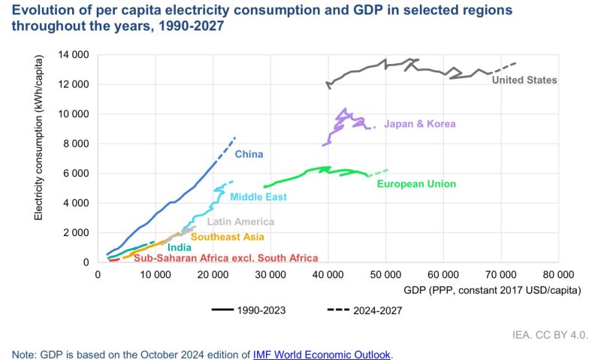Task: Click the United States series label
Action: click(x=524, y=80)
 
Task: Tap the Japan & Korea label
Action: click(x=419, y=124)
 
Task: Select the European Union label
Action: click(x=416, y=183)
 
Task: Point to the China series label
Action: click(x=249, y=155)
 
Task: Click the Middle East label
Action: click(x=258, y=197)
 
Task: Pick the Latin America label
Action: click(x=240, y=222)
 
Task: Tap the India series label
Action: click(x=179, y=247)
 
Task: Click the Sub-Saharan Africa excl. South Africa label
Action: click(x=215, y=258)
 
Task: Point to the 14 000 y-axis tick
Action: click(x=74, y=55)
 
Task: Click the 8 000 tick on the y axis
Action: click(x=77, y=144)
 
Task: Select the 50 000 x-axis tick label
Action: click(x=385, y=276)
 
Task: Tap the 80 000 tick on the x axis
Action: click(x=559, y=276)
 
